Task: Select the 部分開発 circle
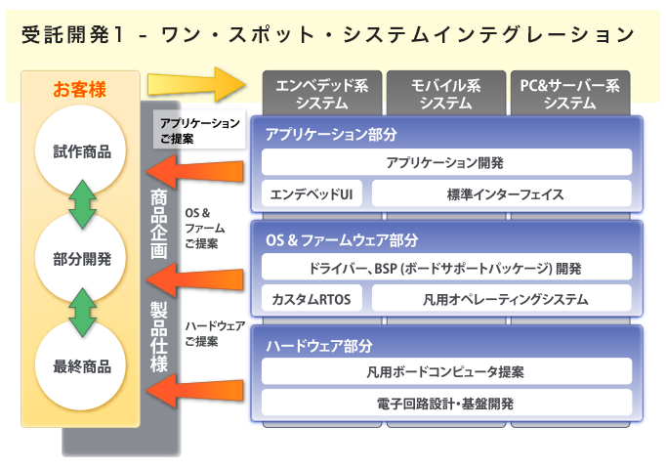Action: pyautogui.click(x=82, y=259)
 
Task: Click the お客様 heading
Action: pyautogui.click(x=79, y=91)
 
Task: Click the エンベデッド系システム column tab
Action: pyautogui.click(x=321, y=94)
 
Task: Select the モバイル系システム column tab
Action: pyautogui.click(x=445, y=94)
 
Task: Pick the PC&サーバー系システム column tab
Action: pyautogui.click(x=570, y=94)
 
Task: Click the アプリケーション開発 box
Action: pyautogui.click(x=445, y=162)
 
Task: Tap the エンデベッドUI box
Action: pyautogui.click(x=312, y=193)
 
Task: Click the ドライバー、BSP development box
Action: pyautogui.click(x=445, y=267)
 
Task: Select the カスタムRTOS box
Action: pyautogui.click(x=312, y=298)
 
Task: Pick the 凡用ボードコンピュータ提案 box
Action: pyautogui.click(x=445, y=371)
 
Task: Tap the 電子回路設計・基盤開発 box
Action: pyautogui.click(x=445, y=402)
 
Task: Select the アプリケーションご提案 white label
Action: pyautogui.click(x=199, y=131)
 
